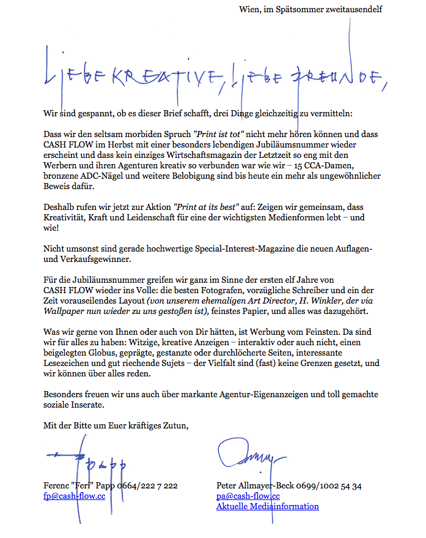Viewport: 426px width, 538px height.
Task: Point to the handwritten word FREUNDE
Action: (333, 77)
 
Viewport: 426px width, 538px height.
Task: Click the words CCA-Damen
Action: (357, 165)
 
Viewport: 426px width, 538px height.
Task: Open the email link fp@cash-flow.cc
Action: (74, 496)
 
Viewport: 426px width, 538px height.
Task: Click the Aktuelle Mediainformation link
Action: (268, 507)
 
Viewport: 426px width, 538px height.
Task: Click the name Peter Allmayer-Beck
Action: (255, 486)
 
